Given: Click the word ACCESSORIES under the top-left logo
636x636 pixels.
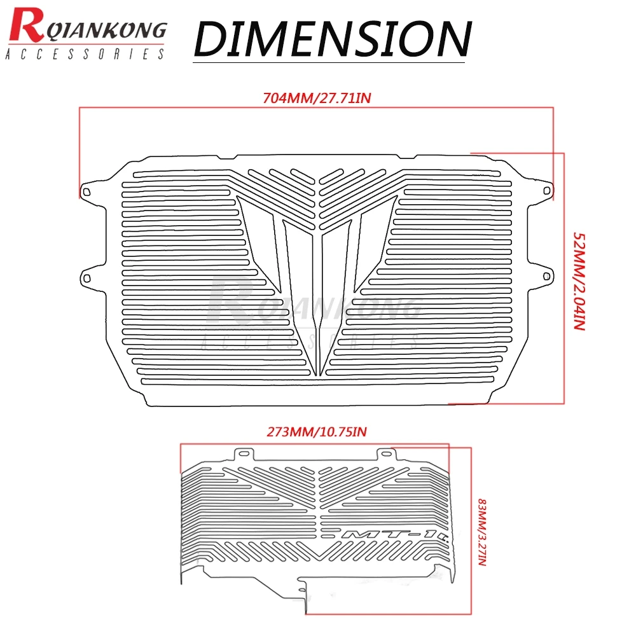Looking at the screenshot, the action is pyautogui.click(x=85, y=54).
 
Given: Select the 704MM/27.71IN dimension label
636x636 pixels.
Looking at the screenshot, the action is pyautogui.click(x=317, y=98).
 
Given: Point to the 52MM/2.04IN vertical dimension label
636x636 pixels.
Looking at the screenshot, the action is pyautogui.click(x=579, y=281).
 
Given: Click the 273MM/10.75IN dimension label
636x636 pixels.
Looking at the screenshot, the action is pyautogui.click(x=316, y=432).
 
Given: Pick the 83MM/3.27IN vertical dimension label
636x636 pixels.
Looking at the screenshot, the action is pyautogui.click(x=482, y=532).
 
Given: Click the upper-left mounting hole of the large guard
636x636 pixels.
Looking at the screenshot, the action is pyautogui.click(x=86, y=191).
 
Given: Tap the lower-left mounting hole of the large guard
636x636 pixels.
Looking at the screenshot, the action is pyautogui.click(x=86, y=278).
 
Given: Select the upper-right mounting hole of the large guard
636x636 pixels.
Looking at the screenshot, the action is pyautogui.click(x=546, y=191).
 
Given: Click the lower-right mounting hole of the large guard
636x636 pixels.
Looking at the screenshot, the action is pyautogui.click(x=546, y=277).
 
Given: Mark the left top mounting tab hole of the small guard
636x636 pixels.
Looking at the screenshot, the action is pyautogui.click(x=244, y=453).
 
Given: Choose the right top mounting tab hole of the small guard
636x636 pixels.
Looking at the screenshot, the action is pyautogui.click(x=386, y=453).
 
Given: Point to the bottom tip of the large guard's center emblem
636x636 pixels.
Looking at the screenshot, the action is pyautogui.click(x=317, y=376).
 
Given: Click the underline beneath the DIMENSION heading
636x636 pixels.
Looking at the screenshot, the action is pyautogui.click(x=329, y=62).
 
